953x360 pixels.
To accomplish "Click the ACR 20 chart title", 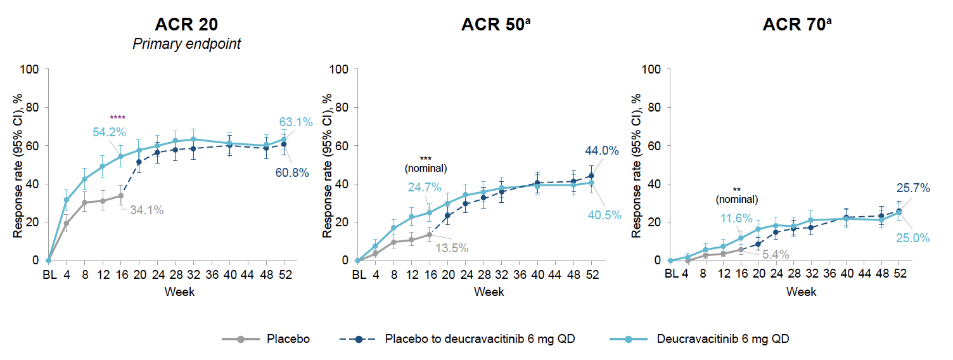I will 186,25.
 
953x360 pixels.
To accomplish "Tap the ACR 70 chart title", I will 796,25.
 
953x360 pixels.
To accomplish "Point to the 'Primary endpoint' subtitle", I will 186,44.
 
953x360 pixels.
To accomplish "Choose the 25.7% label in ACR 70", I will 912,188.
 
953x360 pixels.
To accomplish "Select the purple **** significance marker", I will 117,117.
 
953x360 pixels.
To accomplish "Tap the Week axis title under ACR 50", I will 490,292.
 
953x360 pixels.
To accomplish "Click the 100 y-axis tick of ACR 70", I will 652,69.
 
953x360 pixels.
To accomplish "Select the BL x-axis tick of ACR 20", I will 49,274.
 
